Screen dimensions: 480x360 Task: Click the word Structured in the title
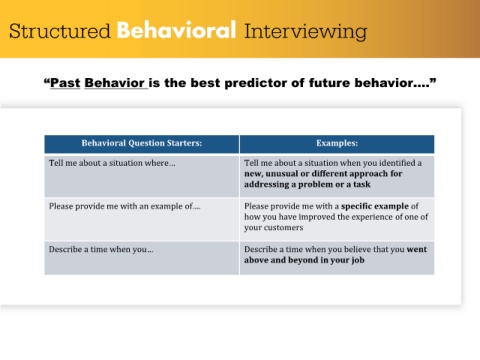(60, 31)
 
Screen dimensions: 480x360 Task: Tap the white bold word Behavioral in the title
(177, 30)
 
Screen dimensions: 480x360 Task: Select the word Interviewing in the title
(306, 32)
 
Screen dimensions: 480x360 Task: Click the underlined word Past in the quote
(65, 83)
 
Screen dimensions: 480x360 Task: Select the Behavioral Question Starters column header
(142, 144)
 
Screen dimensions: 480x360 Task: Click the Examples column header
(337, 144)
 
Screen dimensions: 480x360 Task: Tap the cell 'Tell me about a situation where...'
(142, 176)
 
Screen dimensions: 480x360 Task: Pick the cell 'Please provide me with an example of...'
(142, 219)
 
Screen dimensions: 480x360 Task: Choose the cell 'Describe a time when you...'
(142, 258)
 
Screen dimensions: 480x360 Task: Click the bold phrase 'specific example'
(375, 206)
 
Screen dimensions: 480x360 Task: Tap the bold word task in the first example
(362, 184)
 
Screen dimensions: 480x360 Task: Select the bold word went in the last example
(417, 249)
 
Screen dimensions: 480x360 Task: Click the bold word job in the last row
(357, 260)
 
